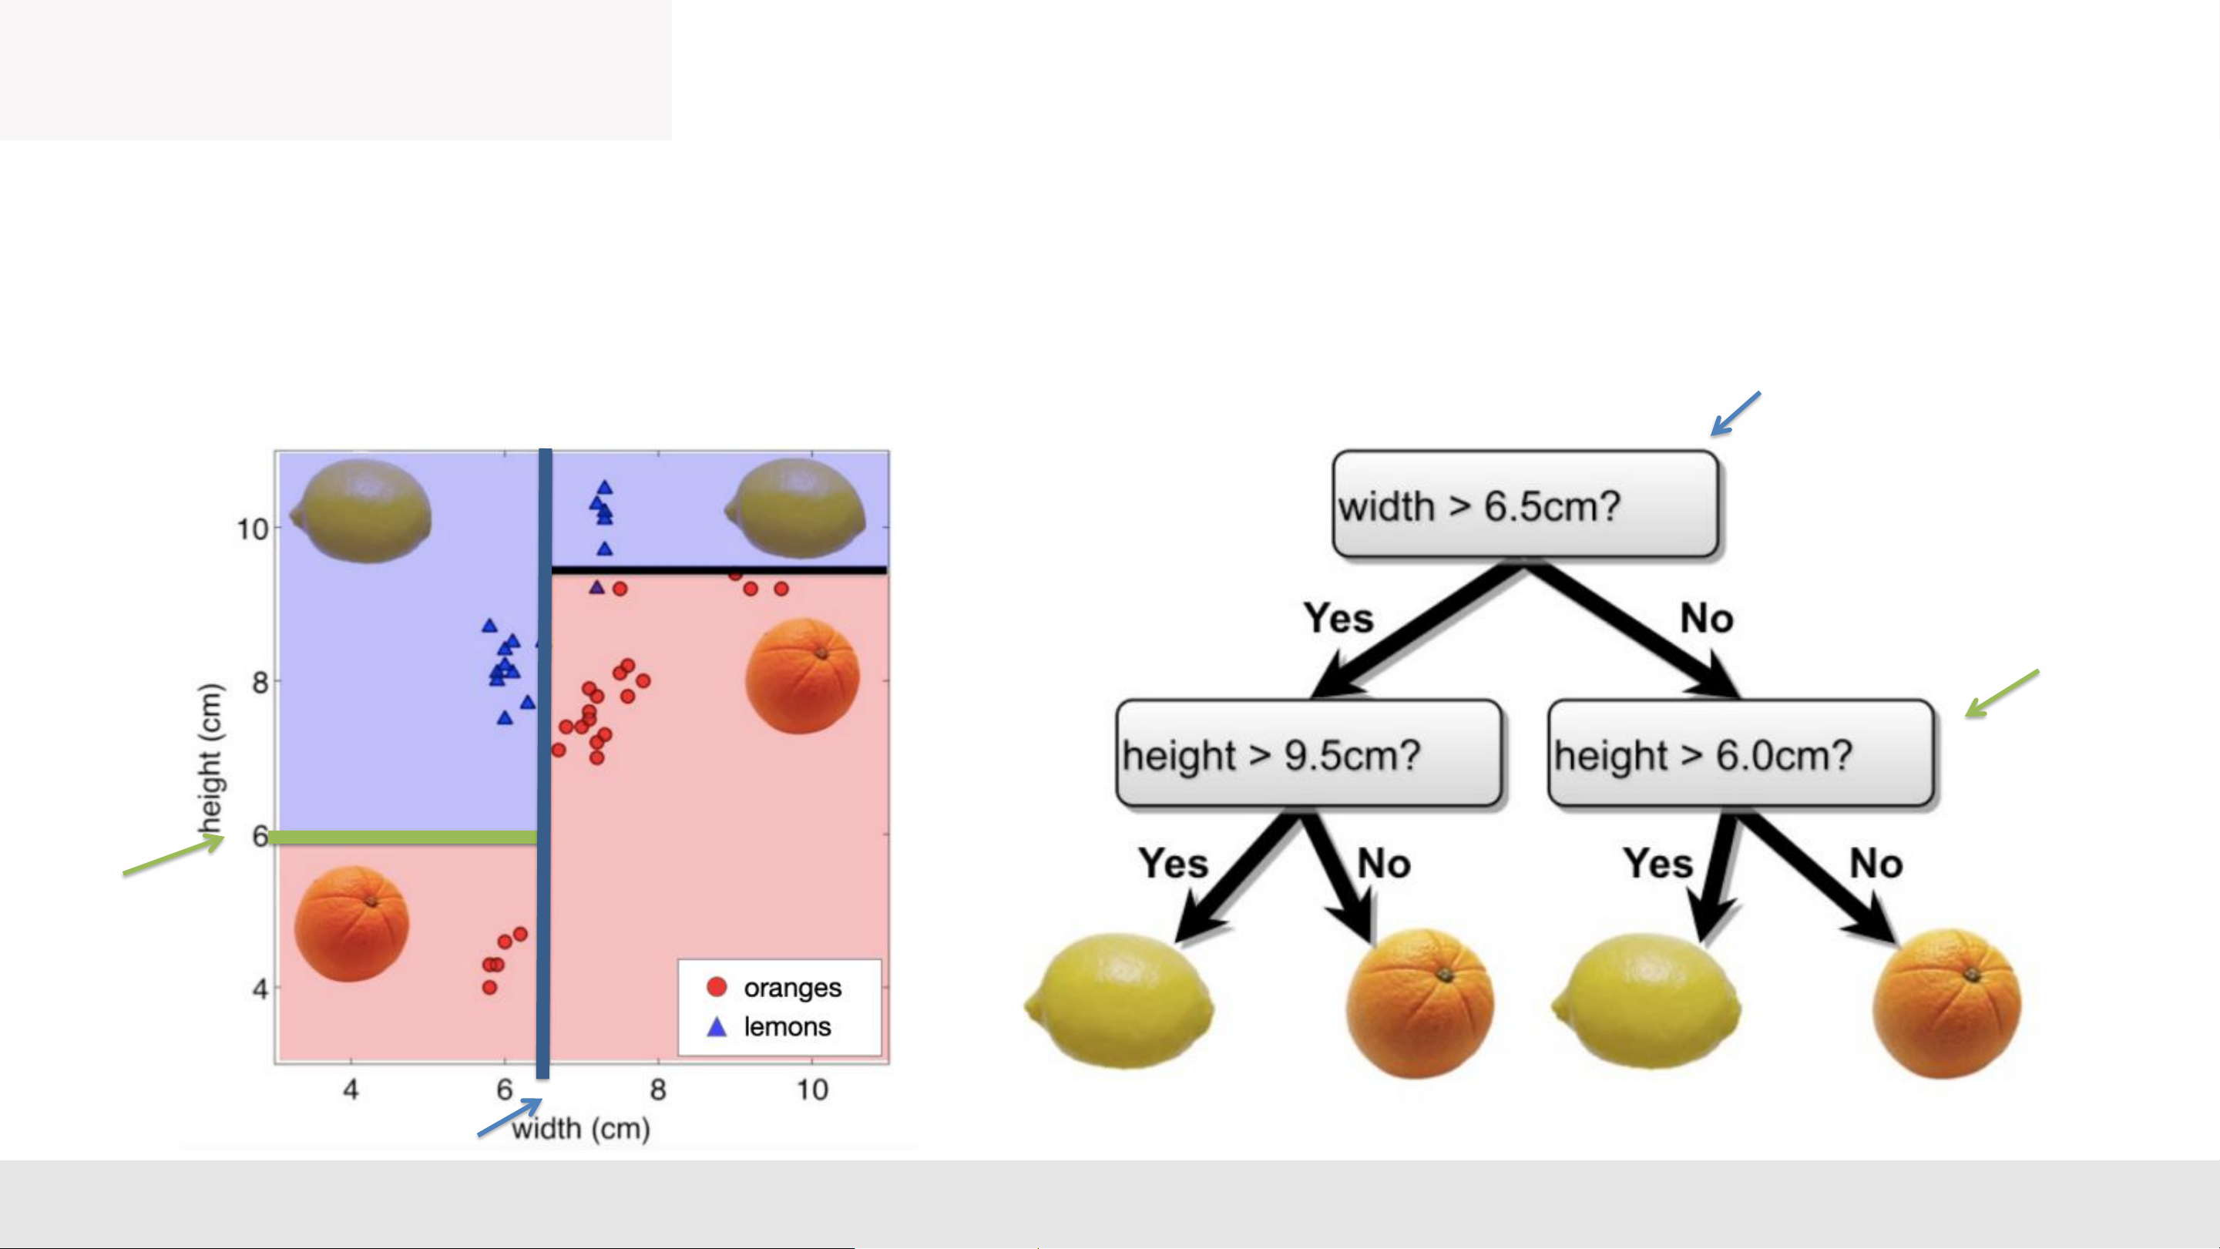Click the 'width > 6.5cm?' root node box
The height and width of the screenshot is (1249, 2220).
click(1526, 504)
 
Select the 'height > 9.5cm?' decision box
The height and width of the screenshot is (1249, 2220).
click(1309, 754)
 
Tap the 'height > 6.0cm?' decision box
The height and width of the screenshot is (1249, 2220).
click(1741, 754)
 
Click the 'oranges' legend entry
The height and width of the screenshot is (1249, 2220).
click(773, 987)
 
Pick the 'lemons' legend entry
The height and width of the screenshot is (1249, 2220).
click(769, 1026)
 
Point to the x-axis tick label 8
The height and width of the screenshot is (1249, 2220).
click(658, 1090)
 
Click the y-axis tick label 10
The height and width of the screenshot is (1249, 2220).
click(254, 529)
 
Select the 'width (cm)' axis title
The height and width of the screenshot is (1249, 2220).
click(581, 1128)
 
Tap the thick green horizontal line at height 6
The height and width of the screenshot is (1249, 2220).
click(403, 837)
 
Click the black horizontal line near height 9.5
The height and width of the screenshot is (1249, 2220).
click(719, 569)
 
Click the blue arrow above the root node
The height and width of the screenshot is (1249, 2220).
click(1735, 414)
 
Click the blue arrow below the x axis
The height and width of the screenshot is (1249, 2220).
click(509, 1117)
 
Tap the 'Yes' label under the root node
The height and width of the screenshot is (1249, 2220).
click(1338, 618)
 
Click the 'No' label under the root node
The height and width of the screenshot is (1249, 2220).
click(1708, 618)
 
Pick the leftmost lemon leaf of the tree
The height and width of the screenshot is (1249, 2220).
click(1119, 1002)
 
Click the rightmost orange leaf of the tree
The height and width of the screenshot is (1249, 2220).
click(1946, 1002)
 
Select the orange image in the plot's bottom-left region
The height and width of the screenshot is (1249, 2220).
click(351, 924)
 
